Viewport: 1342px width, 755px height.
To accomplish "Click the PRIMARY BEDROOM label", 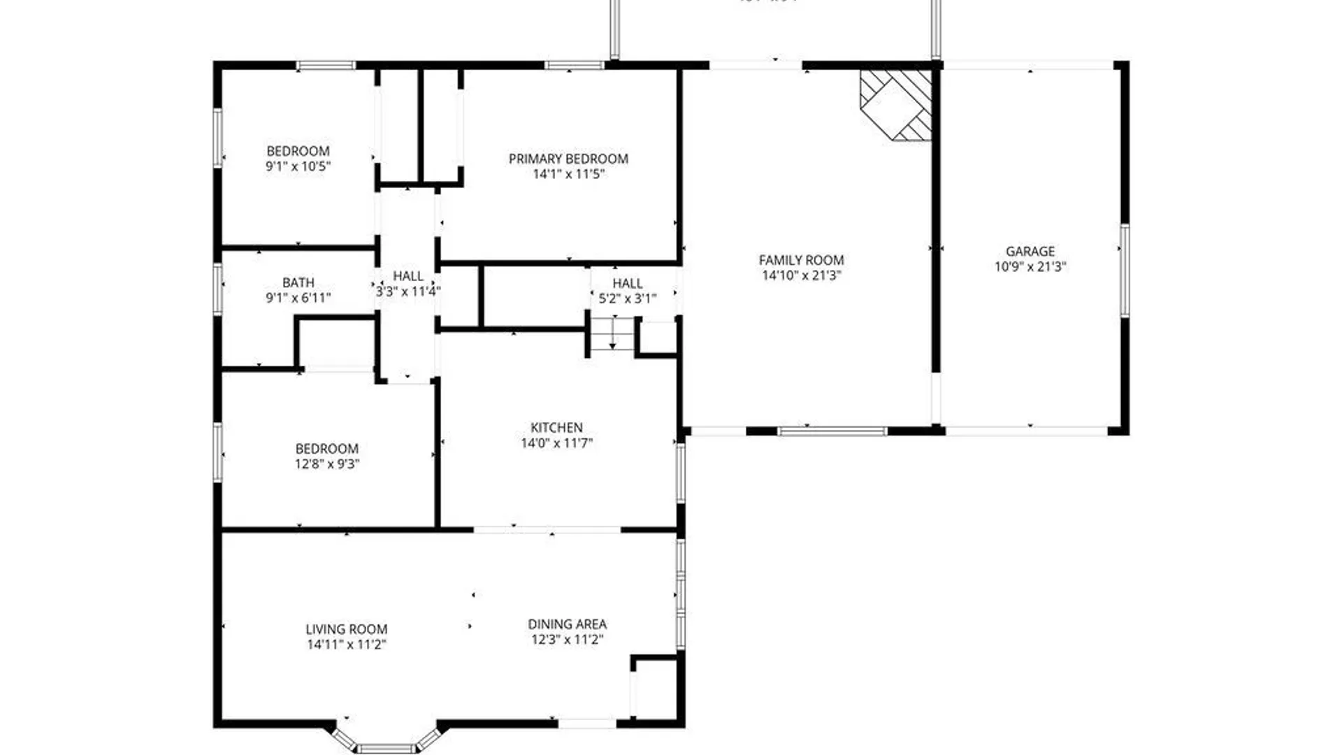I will (568, 159).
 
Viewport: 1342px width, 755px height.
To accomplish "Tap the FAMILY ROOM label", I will (801, 260).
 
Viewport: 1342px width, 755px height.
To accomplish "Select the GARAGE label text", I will (1030, 251).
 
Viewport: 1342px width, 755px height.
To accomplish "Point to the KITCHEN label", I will (556, 427).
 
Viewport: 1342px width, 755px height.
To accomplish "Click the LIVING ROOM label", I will (346, 629).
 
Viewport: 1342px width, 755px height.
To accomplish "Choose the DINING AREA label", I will (567, 624).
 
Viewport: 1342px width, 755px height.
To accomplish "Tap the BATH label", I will (298, 282).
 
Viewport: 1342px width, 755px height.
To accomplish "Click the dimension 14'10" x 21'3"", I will (801, 275).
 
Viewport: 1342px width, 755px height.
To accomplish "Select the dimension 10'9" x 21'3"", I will (1030, 266).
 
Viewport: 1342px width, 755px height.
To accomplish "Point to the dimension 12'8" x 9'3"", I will (326, 463).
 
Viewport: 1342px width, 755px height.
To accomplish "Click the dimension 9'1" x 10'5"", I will (298, 166).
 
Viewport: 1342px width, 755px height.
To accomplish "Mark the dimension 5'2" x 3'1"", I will (627, 299).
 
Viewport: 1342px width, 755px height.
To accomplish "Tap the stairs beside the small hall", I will (613, 334).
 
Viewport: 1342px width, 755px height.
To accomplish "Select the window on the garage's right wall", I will (1124, 270).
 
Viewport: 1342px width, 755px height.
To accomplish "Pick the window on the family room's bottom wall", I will (832, 431).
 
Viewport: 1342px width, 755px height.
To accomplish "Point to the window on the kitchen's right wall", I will (680, 473).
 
